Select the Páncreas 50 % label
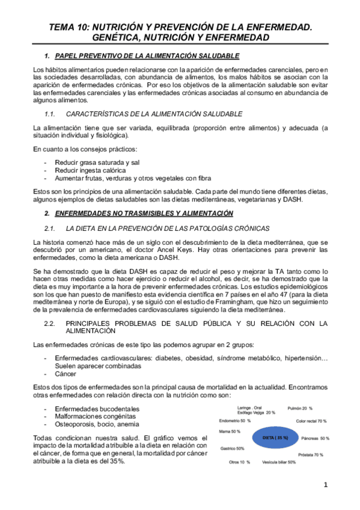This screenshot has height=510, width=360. click(x=316, y=438)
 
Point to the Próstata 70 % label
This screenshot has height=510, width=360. click(x=310, y=455)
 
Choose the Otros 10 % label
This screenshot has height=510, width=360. click(x=239, y=462)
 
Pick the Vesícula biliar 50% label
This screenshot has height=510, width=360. click(x=279, y=462)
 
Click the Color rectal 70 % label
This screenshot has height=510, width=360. click(x=311, y=421)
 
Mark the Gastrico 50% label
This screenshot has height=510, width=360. click(x=232, y=449)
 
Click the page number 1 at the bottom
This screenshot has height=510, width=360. click(x=325, y=485)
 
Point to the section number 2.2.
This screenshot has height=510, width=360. click(x=50, y=324)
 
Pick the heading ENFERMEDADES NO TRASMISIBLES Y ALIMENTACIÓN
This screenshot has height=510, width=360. click(x=144, y=214)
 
